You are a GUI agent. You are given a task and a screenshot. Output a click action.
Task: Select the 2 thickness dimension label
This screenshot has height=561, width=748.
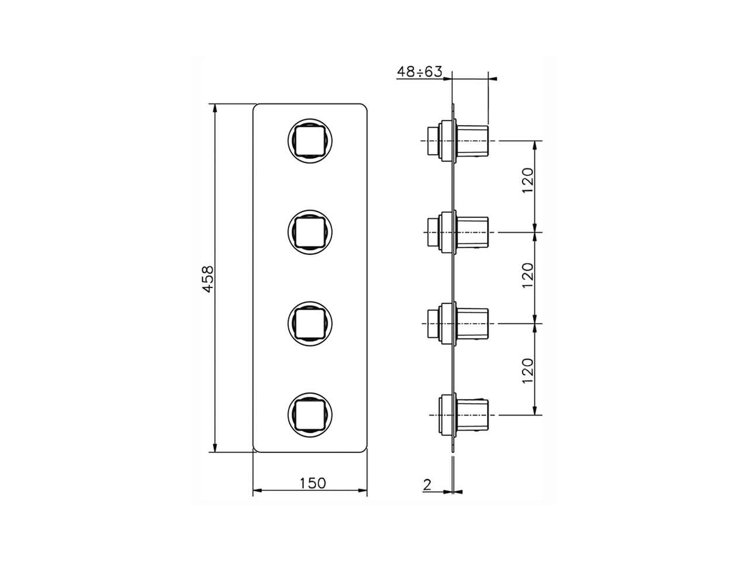tap(427, 484)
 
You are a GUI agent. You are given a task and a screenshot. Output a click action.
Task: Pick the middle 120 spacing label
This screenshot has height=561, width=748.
tap(528, 275)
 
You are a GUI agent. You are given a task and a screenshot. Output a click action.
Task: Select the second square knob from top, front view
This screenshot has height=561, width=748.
tap(310, 231)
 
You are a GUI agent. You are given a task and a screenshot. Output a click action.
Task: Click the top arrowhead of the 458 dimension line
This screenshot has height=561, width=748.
tap(215, 108)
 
